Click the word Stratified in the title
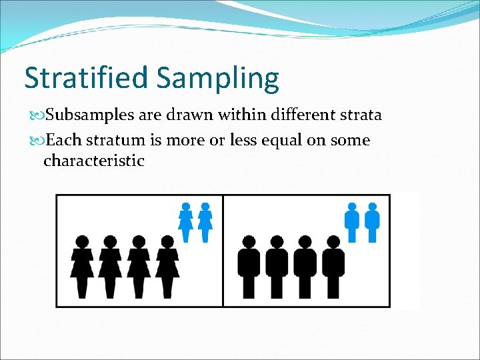87,77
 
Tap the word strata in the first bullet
360,115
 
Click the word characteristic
93,161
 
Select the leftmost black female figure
82,266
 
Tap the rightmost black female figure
167,266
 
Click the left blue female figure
186,222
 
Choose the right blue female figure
205,222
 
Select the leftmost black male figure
249,266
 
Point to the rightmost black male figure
333,266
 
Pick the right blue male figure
372,222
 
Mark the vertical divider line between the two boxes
223,251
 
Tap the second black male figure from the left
277,266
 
